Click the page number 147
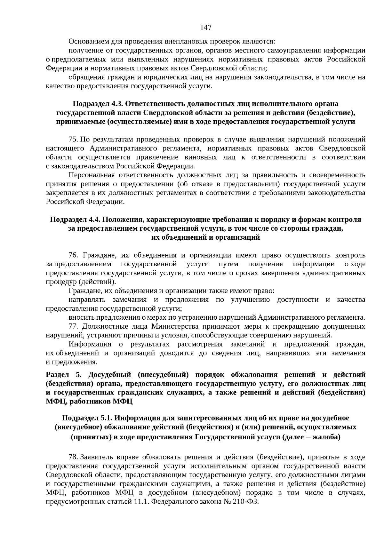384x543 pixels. coord(206,28)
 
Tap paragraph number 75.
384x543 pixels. coord(73,140)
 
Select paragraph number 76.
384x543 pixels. coord(74,255)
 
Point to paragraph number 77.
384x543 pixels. coord(74,326)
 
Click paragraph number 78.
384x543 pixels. coord(73,457)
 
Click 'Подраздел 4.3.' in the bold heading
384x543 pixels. coord(98,104)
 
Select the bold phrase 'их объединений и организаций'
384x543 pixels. coord(205,237)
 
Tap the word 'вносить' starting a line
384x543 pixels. coord(79,317)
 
